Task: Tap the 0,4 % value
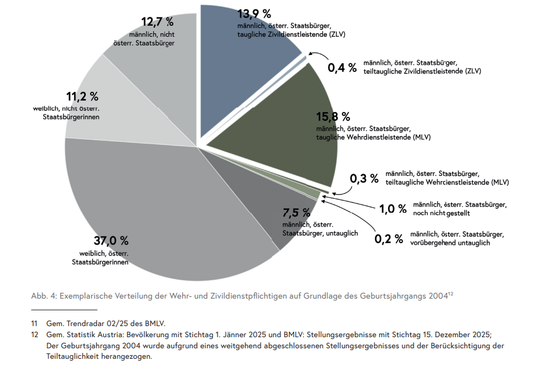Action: pos(342,68)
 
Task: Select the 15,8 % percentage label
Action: pos(333,116)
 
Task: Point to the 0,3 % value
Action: pos(364,178)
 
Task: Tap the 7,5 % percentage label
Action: pos(296,212)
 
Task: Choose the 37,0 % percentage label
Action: pos(111,241)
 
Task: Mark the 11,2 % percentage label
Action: pos(82,96)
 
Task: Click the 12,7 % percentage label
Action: pos(157,22)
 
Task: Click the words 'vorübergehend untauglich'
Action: pos(450,243)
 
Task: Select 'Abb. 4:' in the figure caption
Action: pos(43,296)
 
